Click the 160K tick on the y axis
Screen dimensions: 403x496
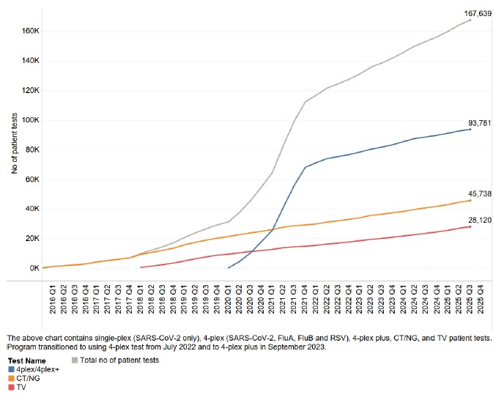coord(29,32)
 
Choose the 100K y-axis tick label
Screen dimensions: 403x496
coord(29,120)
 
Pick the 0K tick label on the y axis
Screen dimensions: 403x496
coord(32,268)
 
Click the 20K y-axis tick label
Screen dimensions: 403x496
coord(31,239)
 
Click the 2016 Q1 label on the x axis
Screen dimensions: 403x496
coord(53,301)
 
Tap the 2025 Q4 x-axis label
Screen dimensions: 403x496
coord(481,301)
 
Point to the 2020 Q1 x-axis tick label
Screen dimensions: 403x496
coord(228,301)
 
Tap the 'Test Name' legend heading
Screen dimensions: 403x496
coord(26,361)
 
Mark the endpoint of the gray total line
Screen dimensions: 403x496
coord(470,20)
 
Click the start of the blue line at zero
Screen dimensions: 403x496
coord(229,267)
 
